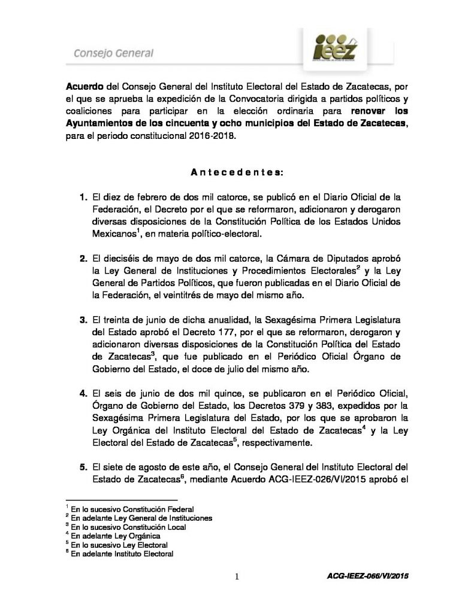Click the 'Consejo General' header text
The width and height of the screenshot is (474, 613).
pyautogui.click(x=113, y=53)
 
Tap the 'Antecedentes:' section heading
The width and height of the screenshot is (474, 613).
pyautogui.click(x=237, y=172)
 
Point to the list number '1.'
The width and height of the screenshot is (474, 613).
pyautogui.click(x=83, y=196)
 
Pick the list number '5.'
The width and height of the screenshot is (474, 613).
pyautogui.click(x=83, y=467)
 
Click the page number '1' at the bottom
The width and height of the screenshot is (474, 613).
pyautogui.click(x=237, y=576)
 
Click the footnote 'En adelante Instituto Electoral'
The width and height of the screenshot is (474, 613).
pyautogui.click(x=122, y=554)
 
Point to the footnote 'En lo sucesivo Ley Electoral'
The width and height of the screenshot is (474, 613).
pyautogui.click(x=119, y=545)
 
